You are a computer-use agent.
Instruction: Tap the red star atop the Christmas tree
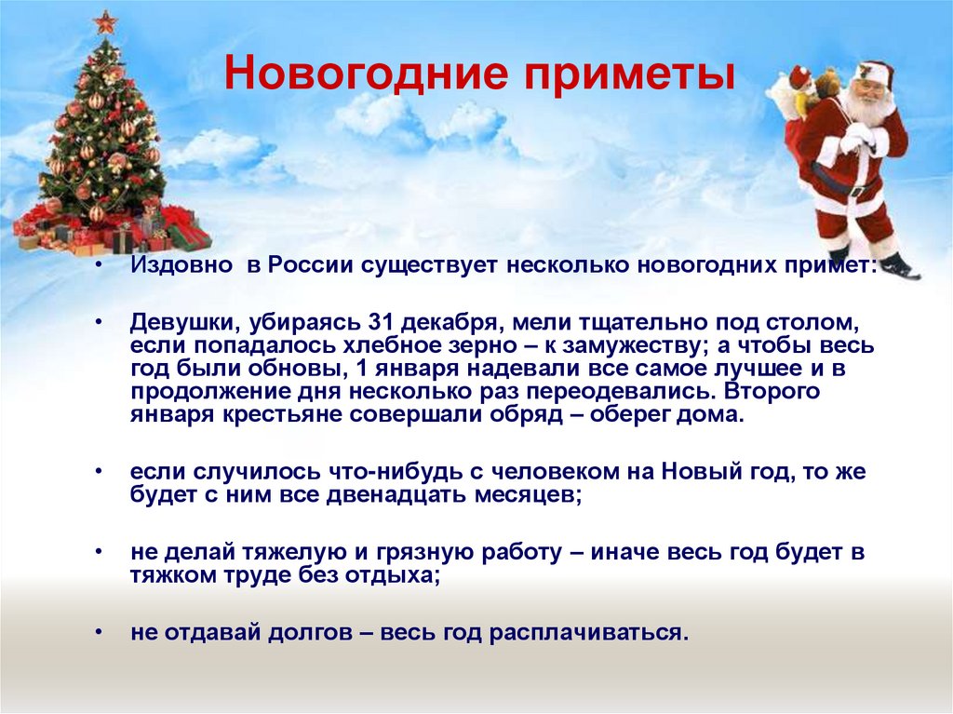tap(105, 21)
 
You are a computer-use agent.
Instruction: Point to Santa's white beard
tap(870, 111)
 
